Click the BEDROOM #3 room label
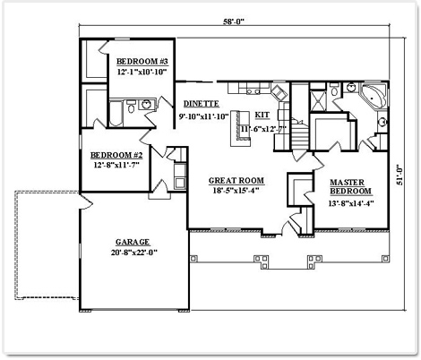pyautogui.click(x=142, y=62)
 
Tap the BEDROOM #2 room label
pyautogui.click(x=116, y=155)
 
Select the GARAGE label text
pyautogui.click(x=133, y=242)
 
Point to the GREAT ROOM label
pyautogui.click(x=236, y=181)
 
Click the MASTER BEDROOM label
pyautogui.click(x=350, y=186)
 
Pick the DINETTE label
pyautogui.click(x=201, y=104)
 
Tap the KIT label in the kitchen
pyautogui.click(x=262, y=115)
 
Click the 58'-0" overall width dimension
pyautogui.click(x=234, y=21)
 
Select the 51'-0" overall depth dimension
pyautogui.click(x=400, y=175)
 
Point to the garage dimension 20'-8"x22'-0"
pyautogui.click(x=134, y=253)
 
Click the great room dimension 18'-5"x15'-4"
pyautogui.click(x=236, y=191)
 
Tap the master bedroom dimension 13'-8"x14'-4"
pyautogui.click(x=351, y=203)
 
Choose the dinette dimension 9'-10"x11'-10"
pyautogui.click(x=203, y=116)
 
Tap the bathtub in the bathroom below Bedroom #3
pyautogui.click(x=116, y=114)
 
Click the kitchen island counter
pyautogui.click(x=240, y=128)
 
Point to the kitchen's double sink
pyautogui.click(x=253, y=91)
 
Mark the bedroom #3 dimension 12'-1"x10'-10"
pyautogui.click(x=142, y=73)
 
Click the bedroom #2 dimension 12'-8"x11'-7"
pyautogui.click(x=116, y=165)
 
